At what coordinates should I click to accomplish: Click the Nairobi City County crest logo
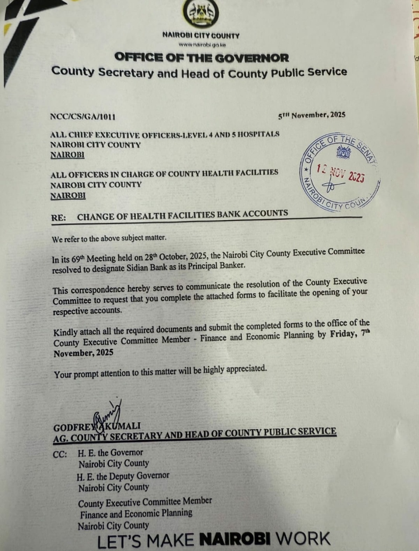tap(201, 14)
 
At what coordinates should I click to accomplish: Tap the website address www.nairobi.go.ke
tap(201, 45)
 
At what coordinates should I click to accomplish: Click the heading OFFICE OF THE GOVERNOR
tap(202, 58)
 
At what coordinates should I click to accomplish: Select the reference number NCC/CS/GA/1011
tap(83, 116)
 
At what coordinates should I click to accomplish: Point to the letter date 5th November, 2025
tap(312, 115)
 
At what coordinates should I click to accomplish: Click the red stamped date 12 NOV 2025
tap(340, 173)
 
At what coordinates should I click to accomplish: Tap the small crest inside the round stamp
tap(343, 152)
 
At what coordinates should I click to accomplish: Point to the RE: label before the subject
tap(59, 218)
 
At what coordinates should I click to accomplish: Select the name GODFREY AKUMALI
tap(97, 427)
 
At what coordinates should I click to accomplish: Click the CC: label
tap(60, 454)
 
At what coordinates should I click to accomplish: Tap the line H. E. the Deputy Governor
tap(123, 476)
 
